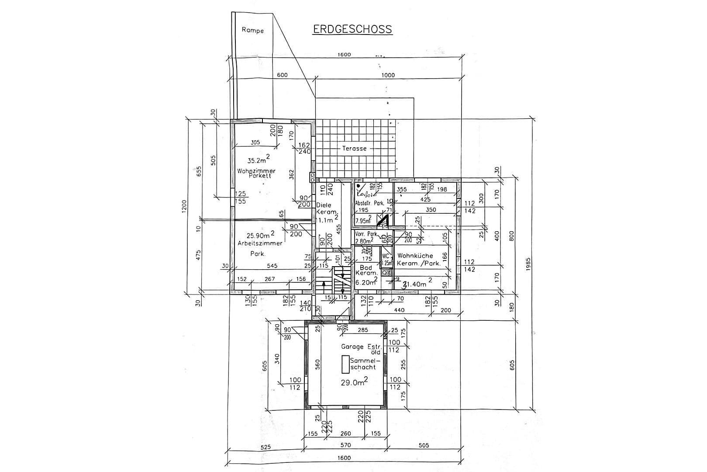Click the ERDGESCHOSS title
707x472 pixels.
[352, 29]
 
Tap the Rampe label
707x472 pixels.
[252, 30]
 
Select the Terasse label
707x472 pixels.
[354, 148]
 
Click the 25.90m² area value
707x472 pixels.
[260, 235]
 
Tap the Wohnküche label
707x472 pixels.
[415, 255]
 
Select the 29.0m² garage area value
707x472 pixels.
[354, 382]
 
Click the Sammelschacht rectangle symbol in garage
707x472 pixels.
[346, 364]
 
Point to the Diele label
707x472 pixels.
[324, 205]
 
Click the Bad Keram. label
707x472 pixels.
[366, 270]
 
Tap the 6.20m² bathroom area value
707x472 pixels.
[366, 282]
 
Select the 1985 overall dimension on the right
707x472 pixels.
[528, 264]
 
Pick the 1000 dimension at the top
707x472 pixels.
[388, 75]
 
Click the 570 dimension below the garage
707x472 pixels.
[345, 445]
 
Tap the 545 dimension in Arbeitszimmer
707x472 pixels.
[272, 265]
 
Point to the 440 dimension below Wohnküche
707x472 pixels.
[399, 310]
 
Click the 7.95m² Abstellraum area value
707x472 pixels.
[363, 221]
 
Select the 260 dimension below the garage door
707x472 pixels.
[345, 434]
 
